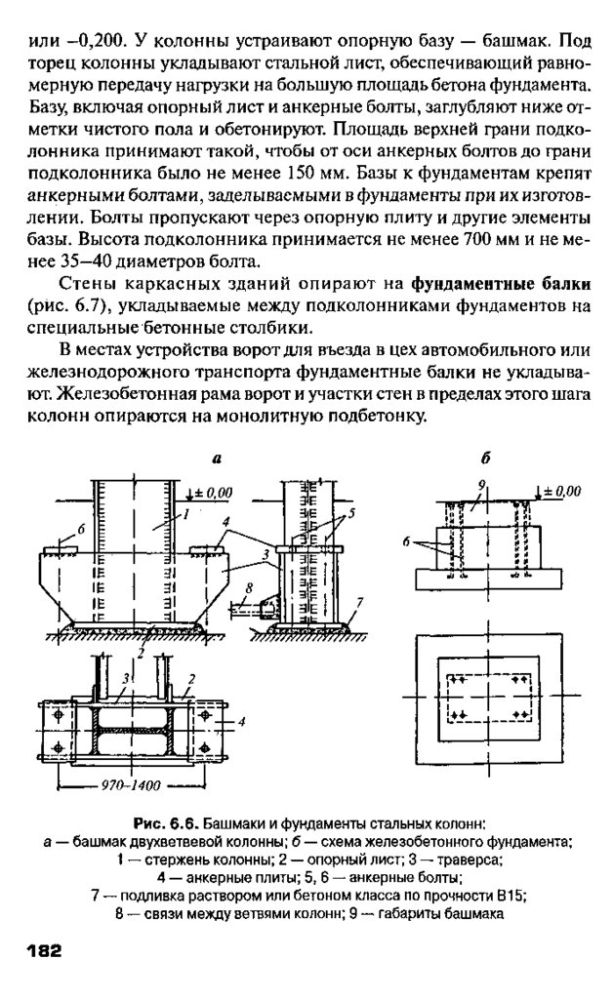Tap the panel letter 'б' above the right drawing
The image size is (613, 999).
click(x=485, y=457)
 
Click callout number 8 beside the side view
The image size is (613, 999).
click(x=249, y=587)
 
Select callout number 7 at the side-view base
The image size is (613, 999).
click(x=362, y=601)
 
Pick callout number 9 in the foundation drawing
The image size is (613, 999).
click(x=482, y=485)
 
